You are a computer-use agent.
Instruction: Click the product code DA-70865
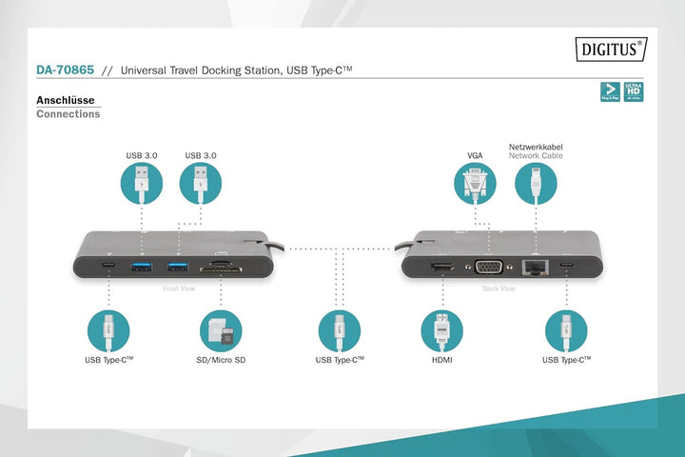65,70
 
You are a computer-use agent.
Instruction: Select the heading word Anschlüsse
65,99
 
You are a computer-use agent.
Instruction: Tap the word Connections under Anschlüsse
68,114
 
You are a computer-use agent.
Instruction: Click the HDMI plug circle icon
441,331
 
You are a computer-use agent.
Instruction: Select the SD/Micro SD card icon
222,331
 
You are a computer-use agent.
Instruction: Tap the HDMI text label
441,361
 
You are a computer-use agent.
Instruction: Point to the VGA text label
476,155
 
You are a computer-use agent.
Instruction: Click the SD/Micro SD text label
221,361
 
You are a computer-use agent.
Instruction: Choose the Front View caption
179,288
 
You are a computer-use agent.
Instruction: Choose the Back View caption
499,288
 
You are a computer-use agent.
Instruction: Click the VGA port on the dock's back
489,268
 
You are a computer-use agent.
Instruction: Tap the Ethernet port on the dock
536,267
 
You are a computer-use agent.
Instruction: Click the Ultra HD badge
634,91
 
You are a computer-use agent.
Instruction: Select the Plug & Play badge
609,91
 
